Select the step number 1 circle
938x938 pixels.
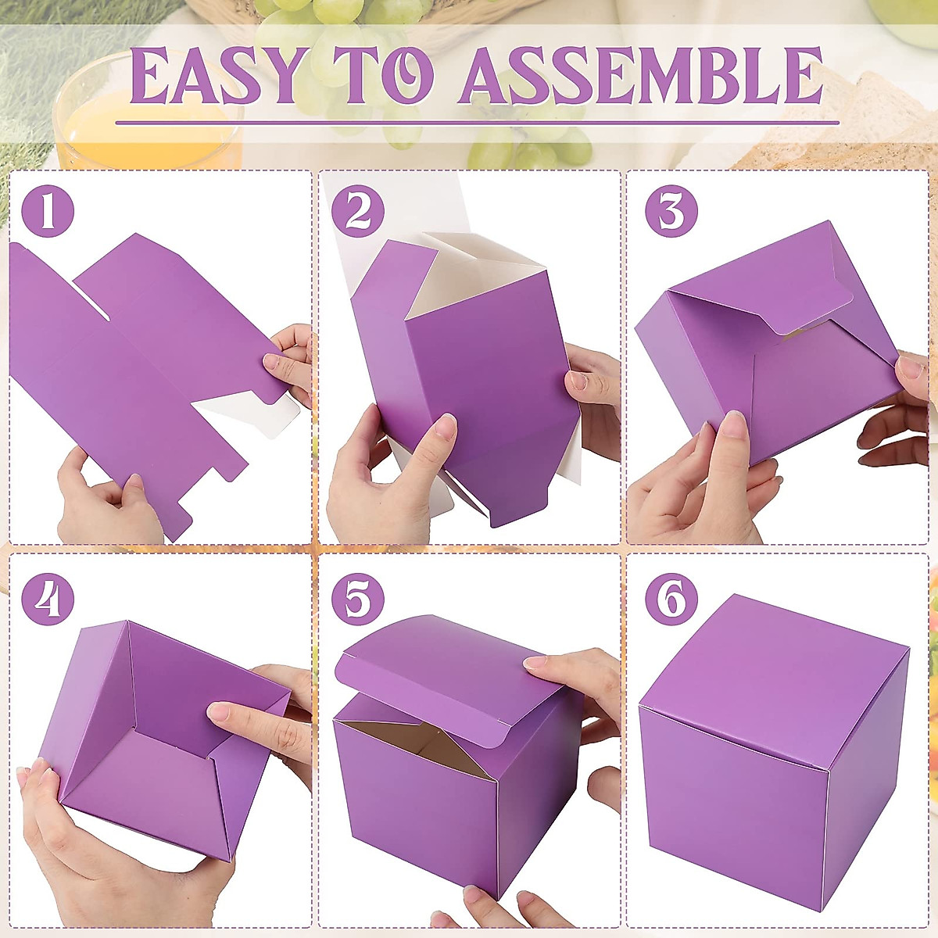48,212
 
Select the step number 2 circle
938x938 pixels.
357,212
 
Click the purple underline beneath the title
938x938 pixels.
477,123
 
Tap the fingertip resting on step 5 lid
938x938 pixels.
537,664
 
